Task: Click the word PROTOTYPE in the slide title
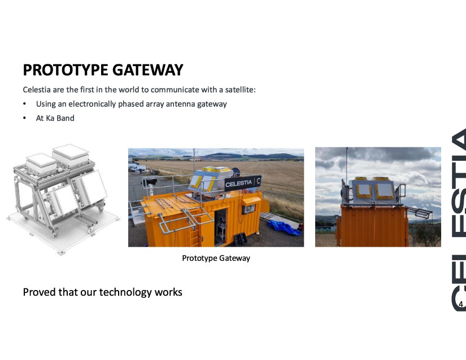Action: pyautogui.click(x=66, y=70)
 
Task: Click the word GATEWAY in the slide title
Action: pyautogui.click(x=147, y=70)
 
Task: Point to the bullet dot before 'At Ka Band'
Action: pyautogui.click(x=24, y=118)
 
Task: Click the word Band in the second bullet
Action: pyautogui.click(x=66, y=118)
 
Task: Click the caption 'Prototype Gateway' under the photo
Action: pyautogui.click(x=216, y=258)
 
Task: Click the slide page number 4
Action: pyautogui.click(x=461, y=304)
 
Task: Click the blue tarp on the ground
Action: pyautogui.click(x=284, y=227)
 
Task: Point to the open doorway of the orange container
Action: pyautogui.click(x=221, y=226)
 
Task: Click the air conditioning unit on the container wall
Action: pyautogui.click(x=249, y=209)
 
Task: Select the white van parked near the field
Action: pyautogui.click(x=138, y=168)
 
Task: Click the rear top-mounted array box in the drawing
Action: pyautogui.click(x=71, y=155)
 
